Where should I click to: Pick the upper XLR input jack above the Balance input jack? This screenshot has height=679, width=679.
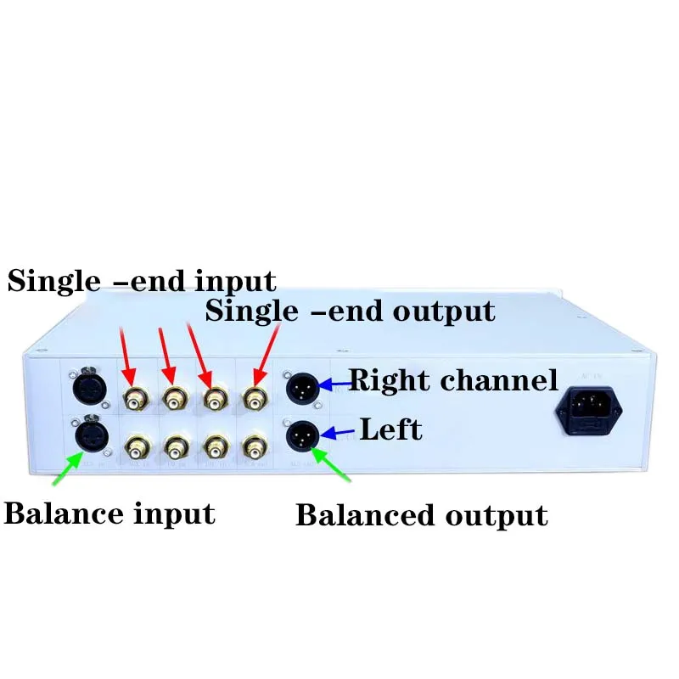88,390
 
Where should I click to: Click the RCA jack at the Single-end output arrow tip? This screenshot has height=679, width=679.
255,396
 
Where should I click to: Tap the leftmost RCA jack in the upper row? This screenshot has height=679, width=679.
136,396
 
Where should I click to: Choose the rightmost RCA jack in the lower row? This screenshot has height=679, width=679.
255,444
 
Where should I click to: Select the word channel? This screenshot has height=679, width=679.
500,379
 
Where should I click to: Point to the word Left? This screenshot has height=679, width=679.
390,429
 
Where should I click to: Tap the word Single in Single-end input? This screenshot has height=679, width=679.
51,281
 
